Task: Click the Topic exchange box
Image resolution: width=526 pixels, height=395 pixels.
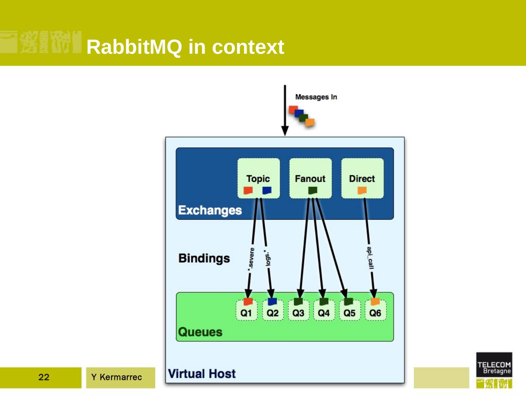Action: tap(259, 178)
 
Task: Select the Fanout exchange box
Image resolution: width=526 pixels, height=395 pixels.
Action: tap(310, 178)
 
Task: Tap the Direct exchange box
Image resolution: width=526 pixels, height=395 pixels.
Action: tap(362, 178)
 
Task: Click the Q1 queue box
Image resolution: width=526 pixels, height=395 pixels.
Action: tap(247, 311)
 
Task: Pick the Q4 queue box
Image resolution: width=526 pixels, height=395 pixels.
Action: tap(324, 311)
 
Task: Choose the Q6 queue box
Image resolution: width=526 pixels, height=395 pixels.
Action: tap(376, 311)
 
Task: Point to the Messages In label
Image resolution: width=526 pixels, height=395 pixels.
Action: tap(316, 97)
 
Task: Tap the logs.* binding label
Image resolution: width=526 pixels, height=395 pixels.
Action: tap(267, 258)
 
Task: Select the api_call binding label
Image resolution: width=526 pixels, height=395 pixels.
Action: tap(370, 258)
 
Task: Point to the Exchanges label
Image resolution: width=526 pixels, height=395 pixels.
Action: tap(210, 210)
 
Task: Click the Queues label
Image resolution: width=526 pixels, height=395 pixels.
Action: tap(200, 332)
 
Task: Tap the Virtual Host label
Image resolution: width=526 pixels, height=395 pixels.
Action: tap(202, 374)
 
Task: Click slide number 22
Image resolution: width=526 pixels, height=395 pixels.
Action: tap(44, 377)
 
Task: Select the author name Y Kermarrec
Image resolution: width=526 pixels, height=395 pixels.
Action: tap(117, 377)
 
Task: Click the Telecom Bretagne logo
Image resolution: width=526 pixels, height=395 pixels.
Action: tap(494, 370)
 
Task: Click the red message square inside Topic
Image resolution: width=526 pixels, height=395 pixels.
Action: tap(248, 191)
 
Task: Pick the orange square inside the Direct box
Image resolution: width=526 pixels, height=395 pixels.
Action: tap(362, 191)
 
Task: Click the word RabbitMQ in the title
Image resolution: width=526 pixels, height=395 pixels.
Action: tap(134, 47)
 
